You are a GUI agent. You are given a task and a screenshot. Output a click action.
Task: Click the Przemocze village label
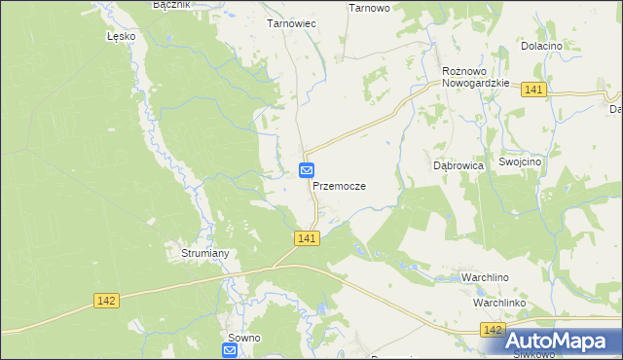click(339, 185)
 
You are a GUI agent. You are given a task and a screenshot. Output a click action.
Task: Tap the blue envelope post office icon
click(307, 170)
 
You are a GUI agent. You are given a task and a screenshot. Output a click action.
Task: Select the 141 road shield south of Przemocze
click(307, 238)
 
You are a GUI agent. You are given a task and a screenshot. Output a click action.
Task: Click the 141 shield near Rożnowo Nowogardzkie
click(532, 90)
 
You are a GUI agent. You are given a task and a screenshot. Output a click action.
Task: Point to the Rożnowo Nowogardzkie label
click(476, 77)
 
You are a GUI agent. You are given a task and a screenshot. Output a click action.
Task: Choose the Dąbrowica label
click(458, 166)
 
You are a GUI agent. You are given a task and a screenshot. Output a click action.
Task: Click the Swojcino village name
click(521, 162)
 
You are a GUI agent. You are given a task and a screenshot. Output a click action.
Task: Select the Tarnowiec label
click(291, 22)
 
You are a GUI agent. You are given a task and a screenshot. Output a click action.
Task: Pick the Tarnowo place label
click(369, 8)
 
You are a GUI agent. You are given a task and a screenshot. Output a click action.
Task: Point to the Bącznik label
click(172, 5)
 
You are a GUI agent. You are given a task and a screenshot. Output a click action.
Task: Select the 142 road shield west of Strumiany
click(107, 302)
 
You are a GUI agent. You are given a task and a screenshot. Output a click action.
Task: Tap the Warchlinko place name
click(500, 303)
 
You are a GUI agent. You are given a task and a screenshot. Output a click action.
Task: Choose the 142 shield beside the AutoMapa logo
click(493, 332)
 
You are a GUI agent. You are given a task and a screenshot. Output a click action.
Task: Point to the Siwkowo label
click(533, 354)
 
